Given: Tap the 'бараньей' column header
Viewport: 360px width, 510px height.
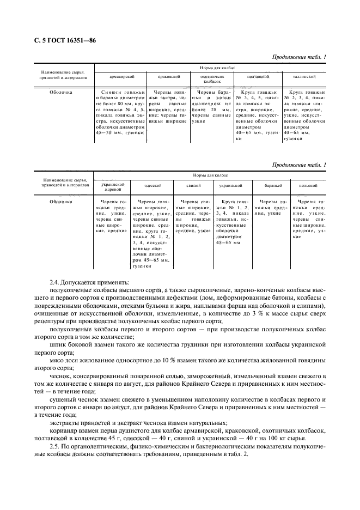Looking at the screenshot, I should (x=273, y=185).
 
